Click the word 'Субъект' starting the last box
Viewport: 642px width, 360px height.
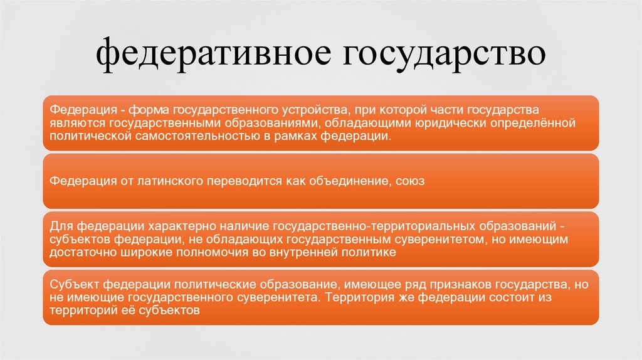coord(74,283)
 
